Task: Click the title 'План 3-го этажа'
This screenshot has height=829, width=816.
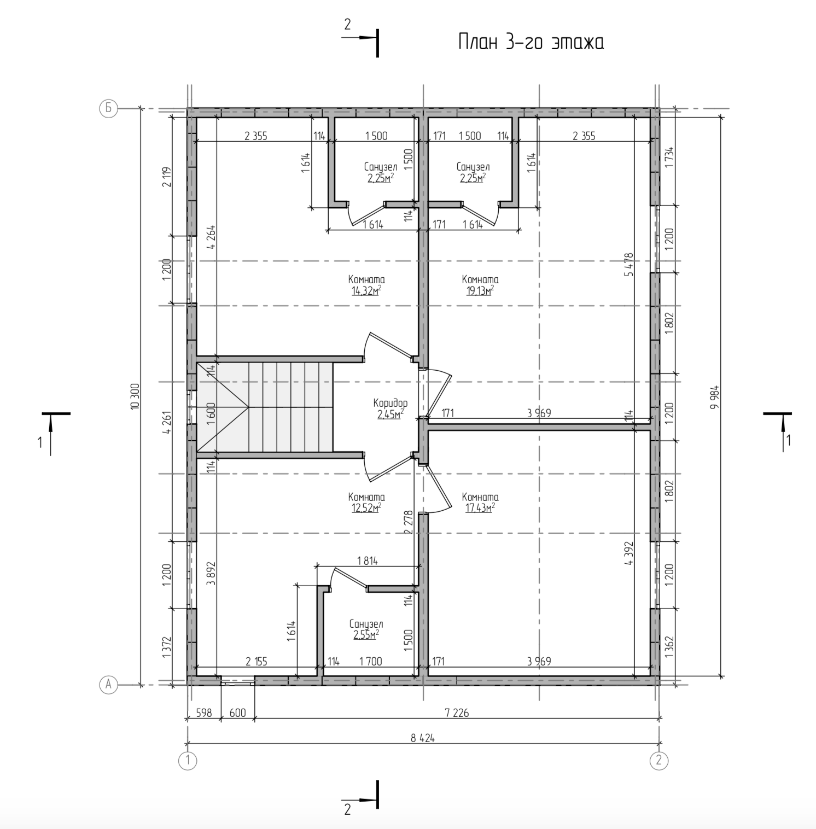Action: [531, 43]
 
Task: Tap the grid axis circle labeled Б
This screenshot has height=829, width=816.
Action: [108, 108]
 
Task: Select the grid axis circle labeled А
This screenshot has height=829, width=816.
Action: [108, 684]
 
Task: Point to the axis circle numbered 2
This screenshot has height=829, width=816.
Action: [658, 760]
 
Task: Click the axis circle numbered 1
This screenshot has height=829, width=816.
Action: [188, 760]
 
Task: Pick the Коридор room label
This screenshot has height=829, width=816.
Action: [390, 403]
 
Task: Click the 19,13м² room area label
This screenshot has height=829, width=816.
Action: [480, 291]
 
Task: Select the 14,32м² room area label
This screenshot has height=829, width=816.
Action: [366, 291]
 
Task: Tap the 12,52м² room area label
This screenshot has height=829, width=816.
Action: [366, 508]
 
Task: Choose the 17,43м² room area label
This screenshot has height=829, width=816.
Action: [480, 508]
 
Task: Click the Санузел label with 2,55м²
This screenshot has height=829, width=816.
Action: [366, 624]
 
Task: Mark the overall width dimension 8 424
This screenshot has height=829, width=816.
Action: [422, 738]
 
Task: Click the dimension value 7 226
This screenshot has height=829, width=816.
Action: [457, 713]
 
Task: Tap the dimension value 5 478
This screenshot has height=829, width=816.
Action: [628, 264]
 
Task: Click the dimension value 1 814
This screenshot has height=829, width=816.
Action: [367, 561]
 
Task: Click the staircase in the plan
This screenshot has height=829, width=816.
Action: [265, 407]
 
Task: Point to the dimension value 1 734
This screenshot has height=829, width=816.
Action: [671, 158]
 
